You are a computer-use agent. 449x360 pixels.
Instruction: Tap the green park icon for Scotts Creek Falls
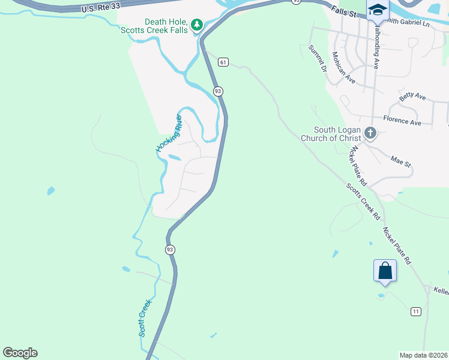pyautogui.click(x=196, y=25)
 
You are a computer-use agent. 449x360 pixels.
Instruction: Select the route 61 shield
pyautogui.click(x=223, y=62)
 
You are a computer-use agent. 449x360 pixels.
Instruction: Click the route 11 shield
pyautogui.click(x=415, y=311)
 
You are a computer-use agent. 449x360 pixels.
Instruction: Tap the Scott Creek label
pyautogui.click(x=144, y=317)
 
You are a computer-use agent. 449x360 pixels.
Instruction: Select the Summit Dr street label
pyautogui.click(x=316, y=58)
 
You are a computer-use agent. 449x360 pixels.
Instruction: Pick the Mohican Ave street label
pyautogui.click(x=343, y=67)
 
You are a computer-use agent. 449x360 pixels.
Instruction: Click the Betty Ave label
pyautogui.click(x=412, y=97)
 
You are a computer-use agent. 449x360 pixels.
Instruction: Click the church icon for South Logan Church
pyautogui.click(x=370, y=133)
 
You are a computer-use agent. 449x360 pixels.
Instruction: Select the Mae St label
pyautogui.click(x=400, y=161)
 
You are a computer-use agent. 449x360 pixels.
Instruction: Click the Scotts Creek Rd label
pyautogui.click(x=364, y=200)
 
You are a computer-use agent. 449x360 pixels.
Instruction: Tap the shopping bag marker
pyautogui.click(x=385, y=270)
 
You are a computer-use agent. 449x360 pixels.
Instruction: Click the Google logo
pyautogui.click(x=20, y=353)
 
